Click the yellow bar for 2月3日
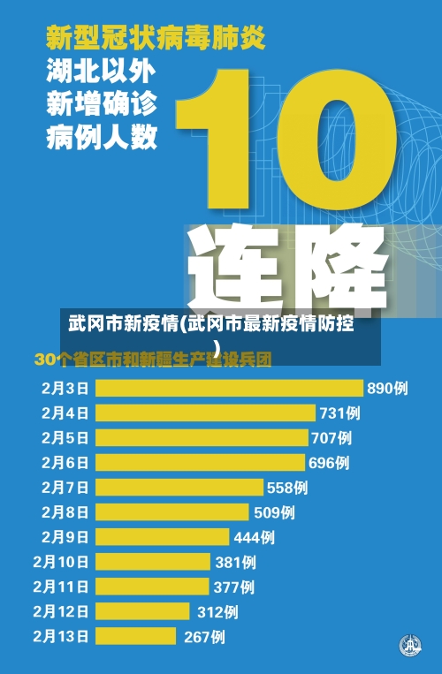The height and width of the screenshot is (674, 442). (x=229, y=388)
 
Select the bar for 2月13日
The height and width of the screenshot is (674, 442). (x=137, y=636)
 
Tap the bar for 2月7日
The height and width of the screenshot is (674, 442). (x=179, y=487)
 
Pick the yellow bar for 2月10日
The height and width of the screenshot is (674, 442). (x=152, y=561)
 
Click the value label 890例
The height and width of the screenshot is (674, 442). (x=387, y=388)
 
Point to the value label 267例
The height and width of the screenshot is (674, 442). (x=204, y=636)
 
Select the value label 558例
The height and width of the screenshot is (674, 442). (x=287, y=487)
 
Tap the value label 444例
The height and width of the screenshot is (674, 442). (x=254, y=536)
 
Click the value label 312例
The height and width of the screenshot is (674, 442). (x=217, y=611)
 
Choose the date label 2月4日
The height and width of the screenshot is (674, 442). (x=65, y=413)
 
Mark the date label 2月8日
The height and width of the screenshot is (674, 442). (x=65, y=511)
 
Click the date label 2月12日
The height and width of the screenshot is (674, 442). (x=61, y=611)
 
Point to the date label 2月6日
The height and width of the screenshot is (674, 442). (x=65, y=462)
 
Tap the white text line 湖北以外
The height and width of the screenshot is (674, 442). (x=101, y=72)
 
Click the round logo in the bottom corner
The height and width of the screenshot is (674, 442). (x=409, y=646)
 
